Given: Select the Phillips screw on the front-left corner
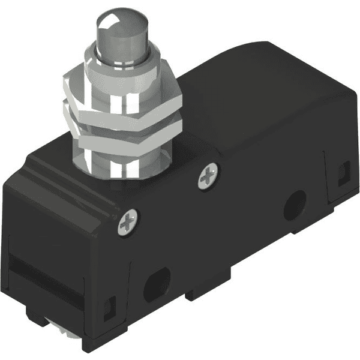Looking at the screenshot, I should (130, 221).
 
